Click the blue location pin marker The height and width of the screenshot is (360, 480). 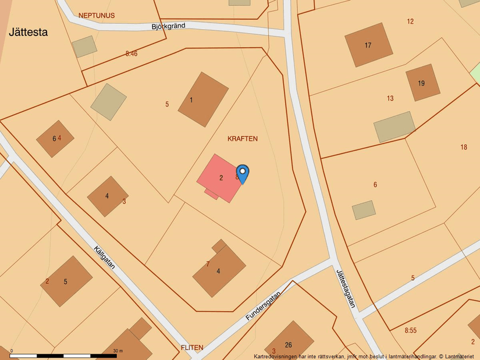tap(243, 173)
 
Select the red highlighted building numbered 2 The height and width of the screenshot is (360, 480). tap(221, 178)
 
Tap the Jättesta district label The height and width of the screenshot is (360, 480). tap(28, 33)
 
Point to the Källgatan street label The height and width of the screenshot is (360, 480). tap(105, 258)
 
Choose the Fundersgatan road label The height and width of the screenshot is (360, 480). tap(263, 306)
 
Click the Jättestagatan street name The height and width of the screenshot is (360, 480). tap(346, 287)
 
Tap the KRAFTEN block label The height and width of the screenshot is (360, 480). tap(243, 139)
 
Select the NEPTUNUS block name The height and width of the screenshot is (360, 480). tap(97, 15)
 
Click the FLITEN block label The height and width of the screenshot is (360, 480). tap(192, 348)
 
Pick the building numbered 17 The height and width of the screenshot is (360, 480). tap(368, 45)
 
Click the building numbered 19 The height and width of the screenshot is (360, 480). tap(422, 83)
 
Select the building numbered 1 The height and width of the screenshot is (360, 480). tap(202, 99)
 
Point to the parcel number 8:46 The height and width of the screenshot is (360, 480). tap(131, 54)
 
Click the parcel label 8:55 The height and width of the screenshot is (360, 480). tap(411, 330)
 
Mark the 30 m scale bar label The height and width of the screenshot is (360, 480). tap(118, 351)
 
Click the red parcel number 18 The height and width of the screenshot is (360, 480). tap(464, 147)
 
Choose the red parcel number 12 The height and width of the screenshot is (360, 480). tap(410, 22)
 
